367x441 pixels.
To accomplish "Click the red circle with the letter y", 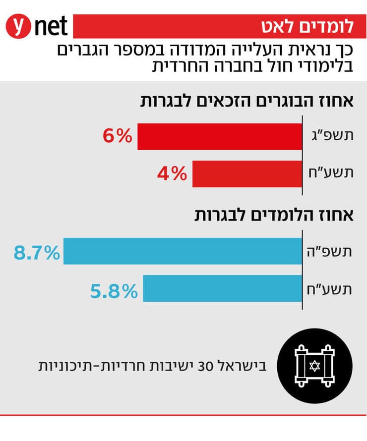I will click(19, 26).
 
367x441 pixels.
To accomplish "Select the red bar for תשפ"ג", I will click(220, 137).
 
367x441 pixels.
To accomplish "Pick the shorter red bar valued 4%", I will click(247, 174).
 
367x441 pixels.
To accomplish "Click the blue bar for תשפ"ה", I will click(183, 251).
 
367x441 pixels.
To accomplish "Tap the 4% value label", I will click(172, 174).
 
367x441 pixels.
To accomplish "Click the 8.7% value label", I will click(37, 253).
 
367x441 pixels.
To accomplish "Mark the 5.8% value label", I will click(113, 291).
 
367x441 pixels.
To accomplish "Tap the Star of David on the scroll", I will click(312, 367).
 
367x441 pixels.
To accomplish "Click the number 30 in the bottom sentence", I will click(205, 368).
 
